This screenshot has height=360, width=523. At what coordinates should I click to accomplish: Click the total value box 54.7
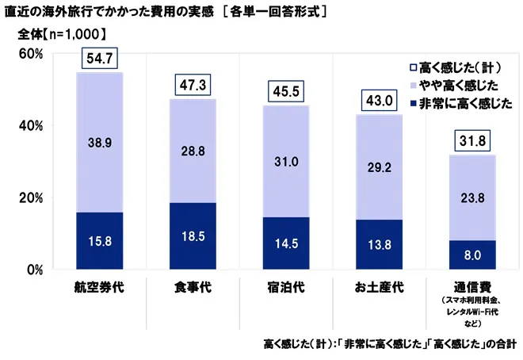(x=100, y=59)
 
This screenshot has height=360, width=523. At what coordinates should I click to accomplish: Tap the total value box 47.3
(x=193, y=86)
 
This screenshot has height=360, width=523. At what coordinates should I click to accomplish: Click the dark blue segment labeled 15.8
(x=100, y=240)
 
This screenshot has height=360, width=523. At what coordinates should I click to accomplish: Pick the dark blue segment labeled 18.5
(x=193, y=236)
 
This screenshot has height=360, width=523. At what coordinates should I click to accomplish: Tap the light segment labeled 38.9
(x=100, y=143)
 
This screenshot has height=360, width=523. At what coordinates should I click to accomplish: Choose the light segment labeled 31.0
(x=286, y=162)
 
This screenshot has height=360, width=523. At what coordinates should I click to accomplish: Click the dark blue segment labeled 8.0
(x=472, y=255)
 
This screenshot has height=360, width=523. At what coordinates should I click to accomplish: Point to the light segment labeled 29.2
(x=379, y=167)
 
